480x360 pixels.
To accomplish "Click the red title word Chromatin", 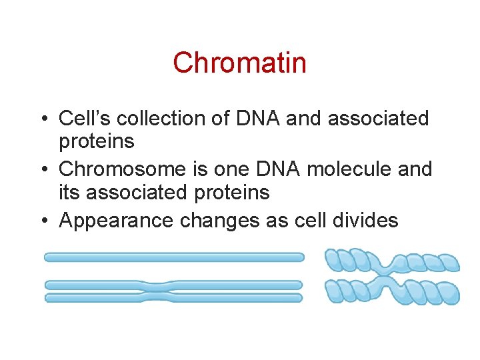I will (x=239, y=63).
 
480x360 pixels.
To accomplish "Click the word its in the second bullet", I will (x=70, y=193).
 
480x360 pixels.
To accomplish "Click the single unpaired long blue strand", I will (x=173, y=257).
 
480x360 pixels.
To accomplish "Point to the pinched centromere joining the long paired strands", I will (x=157, y=291).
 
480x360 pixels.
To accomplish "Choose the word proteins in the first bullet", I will (x=97, y=141).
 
